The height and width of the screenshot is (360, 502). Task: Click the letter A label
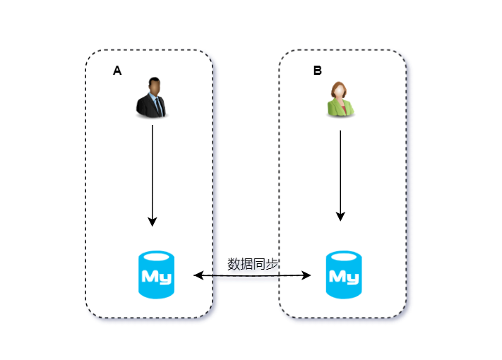[x=117, y=71]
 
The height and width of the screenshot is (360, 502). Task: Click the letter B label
[x=317, y=71]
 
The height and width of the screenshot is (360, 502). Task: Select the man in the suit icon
[x=152, y=97]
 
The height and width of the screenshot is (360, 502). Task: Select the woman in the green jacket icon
[x=340, y=99]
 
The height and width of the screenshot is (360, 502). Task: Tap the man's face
[x=153, y=88]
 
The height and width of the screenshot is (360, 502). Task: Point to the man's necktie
[x=158, y=106]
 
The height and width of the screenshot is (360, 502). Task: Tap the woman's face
[x=340, y=90]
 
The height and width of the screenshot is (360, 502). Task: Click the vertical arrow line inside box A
[x=153, y=169]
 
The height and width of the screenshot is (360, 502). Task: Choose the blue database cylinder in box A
[x=156, y=275]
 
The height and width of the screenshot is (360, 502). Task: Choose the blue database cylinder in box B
[x=344, y=275]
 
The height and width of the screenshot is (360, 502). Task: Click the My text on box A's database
[x=156, y=276]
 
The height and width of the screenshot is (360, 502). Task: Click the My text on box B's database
[x=344, y=276]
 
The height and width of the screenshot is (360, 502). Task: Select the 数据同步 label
[x=253, y=264]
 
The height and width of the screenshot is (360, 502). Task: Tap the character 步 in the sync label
[x=272, y=264]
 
